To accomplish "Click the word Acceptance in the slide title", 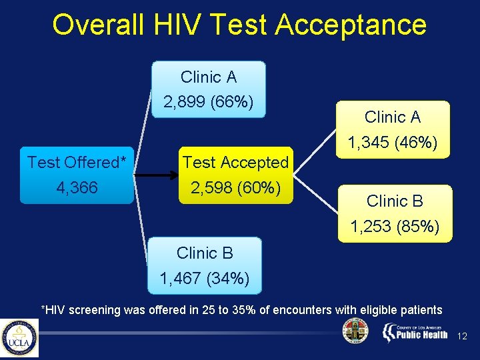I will pyautogui.click(x=351, y=25).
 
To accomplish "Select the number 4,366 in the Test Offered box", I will pyautogui.click(x=77, y=188).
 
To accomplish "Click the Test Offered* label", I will pyautogui.click(x=77, y=162).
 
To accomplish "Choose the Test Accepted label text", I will pyautogui.click(x=235, y=162).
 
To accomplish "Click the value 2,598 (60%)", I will pyautogui.click(x=235, y=188).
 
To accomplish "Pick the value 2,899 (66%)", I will pyautogui.click(x=209, y=103).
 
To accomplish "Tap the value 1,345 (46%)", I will pyautogui.click(x=393, y=143).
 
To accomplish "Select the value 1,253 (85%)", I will pyautogui.click(x=395, y=227).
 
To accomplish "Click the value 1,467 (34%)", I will pyautogui.click(x=205, y=279).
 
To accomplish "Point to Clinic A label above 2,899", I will pyautogui.click(x=209, y=77).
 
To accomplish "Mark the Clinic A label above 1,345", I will pyautogui.click(x=393, y=117).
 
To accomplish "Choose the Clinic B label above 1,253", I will pyautogui.click(x=395, y=201).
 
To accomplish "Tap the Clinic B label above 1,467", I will pyautogui.click(x=205, y=253).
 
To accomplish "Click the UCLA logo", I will pyautogui.click(x=19, y=338).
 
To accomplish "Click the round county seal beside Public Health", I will pyautogui.click(x=355, y=331).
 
